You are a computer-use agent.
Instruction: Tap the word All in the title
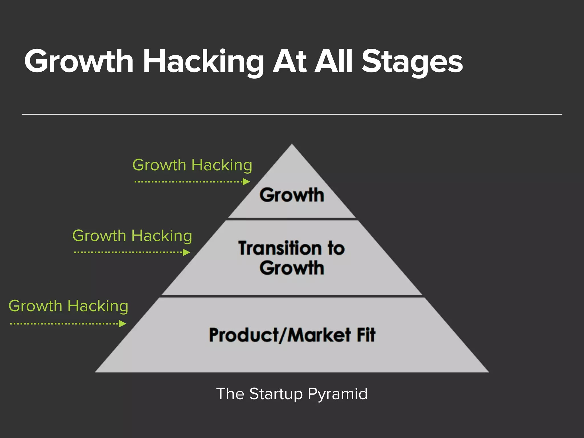(x=334, y=61)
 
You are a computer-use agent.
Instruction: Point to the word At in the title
(x=289, y=61)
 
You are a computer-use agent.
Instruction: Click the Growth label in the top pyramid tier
(x=292, y=195)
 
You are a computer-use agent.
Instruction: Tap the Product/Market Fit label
(x=292, y=335)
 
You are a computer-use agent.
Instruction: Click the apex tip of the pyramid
(x=292, y=145)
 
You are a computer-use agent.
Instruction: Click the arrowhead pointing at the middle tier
(x=186, y=252)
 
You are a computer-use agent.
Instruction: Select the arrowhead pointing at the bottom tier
(x=123, y=324)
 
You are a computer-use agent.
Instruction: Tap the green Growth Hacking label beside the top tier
(x=192, y=165)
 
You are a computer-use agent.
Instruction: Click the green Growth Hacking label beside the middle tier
(x=132, y=236)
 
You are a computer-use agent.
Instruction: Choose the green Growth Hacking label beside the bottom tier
(x=68, y=306)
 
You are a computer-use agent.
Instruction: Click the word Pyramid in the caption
(x=338, y=394)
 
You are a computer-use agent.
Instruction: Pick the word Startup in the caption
(x=276, y=394)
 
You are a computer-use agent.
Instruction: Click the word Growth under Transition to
(x=292, y=268)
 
